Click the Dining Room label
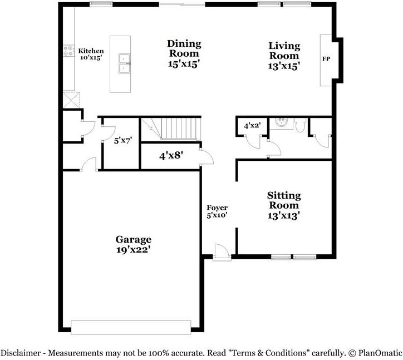184,53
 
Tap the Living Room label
284,56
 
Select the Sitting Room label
284,205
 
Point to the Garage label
134,244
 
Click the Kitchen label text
91,51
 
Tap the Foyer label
217,208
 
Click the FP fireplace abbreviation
326,59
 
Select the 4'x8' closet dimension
171,155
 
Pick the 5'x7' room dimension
123,141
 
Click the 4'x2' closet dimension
252,126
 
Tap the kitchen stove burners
68,51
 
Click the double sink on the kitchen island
124,63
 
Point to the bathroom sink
282,122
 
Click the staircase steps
171,129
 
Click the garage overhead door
131,327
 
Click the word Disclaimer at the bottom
21,353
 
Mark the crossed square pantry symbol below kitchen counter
71,100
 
